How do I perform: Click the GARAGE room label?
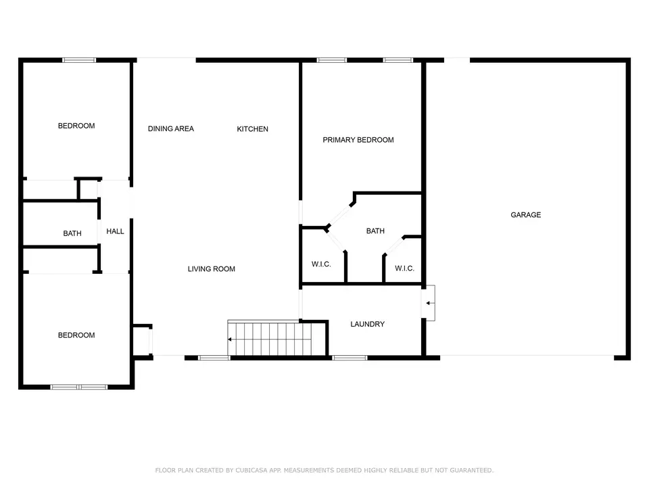click(x=526, y=214)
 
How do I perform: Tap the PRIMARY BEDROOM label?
click(x=358, y=140)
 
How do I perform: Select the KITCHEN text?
click(x=252, y=129)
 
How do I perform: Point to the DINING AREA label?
click(x=171, y=129)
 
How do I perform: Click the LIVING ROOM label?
click(x=212, y=269)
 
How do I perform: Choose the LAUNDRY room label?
click(x=368, y=324)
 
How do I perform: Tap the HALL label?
click(x=115, y=231)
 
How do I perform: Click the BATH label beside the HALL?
click(x=72, y=233)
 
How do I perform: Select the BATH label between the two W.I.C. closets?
click(x=375, y=231)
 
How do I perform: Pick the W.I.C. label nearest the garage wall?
click(x=404, y=269)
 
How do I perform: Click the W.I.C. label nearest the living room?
click(x=321, y=264)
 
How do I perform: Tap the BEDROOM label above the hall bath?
click(x=76, y=126)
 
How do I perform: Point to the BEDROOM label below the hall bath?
click(x=76, y=335)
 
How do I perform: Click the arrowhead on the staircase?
click(x=229, y=340)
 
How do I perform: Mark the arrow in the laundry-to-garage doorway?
click(x=430, y=303)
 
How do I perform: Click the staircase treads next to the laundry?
click(x=270, y=339)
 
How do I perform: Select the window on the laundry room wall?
click(x=350, y=358)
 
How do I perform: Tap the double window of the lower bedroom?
click(x=79, y=387)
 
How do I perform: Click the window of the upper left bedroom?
click(x=79, y=60)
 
